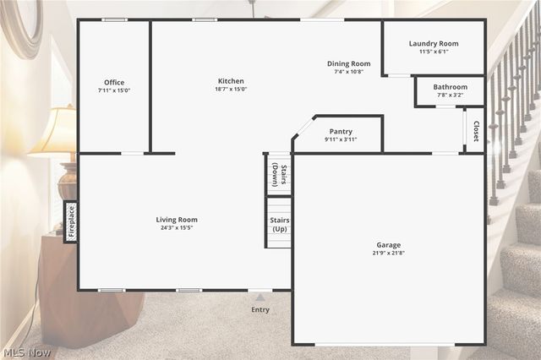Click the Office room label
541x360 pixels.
[x=114, y=82]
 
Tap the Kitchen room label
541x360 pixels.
[x=231, y=81]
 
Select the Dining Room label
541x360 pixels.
[x=349, y=63]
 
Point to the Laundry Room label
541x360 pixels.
[x=434, y=43]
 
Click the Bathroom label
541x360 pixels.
[x=450, y=86]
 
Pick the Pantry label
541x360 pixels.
[x=341, y=131]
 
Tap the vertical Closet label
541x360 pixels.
[x=476, y=131]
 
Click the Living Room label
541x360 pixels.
[x=177, y=220]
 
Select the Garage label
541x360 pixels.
[x=389, y=245]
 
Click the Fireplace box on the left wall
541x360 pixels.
[x=70, y=221]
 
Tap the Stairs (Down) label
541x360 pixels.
[x=279, y=174]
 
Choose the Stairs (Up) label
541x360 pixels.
[x=279, y=224]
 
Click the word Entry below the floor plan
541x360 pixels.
[x=260, y=309]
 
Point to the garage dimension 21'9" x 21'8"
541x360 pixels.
[x=389, y=254]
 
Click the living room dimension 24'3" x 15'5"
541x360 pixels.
[x=177, y=228]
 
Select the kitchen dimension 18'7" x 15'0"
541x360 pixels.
[x=231, y=90]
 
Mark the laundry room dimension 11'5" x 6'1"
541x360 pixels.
[x=434, y=52]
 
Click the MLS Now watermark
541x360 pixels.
[x=26, y=352]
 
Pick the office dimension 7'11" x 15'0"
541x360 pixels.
[x=114, y=90]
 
